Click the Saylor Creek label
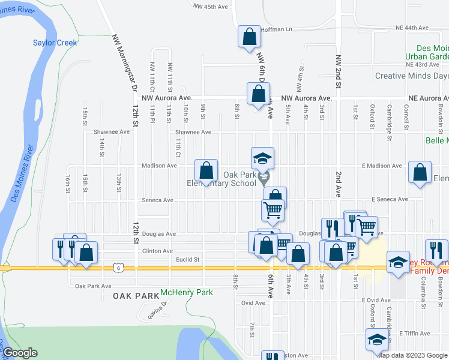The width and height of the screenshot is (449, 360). coord(55,43)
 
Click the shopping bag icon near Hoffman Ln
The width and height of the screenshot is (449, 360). coord(249,37)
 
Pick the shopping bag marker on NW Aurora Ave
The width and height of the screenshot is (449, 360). coord(258,95)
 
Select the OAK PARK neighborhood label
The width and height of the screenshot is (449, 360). coord(134,296)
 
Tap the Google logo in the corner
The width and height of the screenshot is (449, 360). coord(20,353)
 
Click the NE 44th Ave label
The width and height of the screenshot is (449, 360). coord(412,28)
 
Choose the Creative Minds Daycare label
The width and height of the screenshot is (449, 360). coord(411,76)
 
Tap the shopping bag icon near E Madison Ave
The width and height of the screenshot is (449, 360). coord(420,172)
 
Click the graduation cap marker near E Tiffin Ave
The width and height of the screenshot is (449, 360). coord(376,340)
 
